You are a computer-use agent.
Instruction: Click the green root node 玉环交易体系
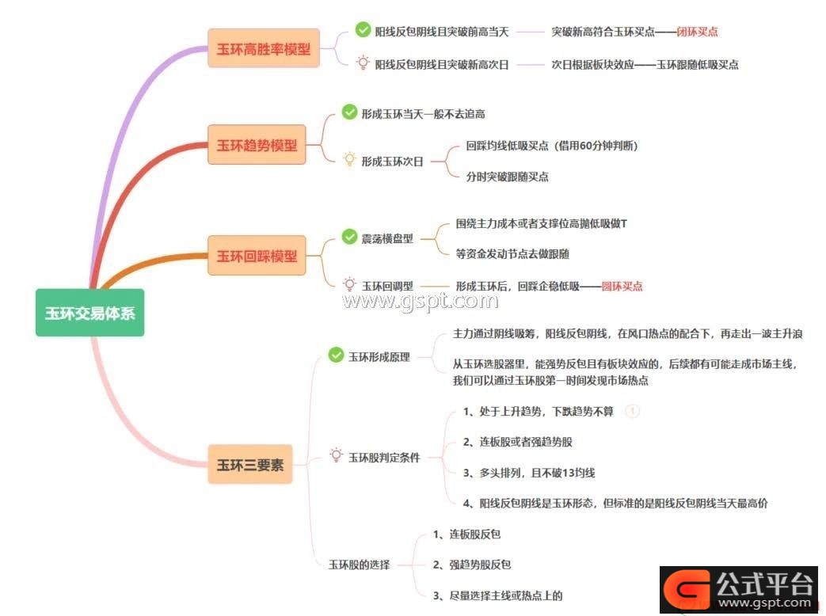point(89,313)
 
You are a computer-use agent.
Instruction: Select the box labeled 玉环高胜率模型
point(264,48)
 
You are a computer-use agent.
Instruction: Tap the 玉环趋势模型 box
point(257,145)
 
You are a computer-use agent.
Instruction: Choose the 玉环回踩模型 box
point(257,256)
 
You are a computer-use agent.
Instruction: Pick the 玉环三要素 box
point(249,464)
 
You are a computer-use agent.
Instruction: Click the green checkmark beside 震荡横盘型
point(349,237)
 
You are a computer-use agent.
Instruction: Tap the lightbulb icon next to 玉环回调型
point(349,285)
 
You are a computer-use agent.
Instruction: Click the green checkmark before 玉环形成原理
point(336,355)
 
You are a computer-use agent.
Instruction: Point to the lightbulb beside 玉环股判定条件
point(336,455)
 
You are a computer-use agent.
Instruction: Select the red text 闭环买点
point(697,32)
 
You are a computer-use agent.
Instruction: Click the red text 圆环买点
point(622,287)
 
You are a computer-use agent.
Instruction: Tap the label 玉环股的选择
point(360,565)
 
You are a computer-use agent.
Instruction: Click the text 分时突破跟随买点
point(508,177)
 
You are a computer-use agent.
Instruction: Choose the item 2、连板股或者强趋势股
point(517,442)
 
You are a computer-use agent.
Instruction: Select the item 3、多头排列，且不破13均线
point(529,473)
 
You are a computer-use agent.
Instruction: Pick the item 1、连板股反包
point(466,534)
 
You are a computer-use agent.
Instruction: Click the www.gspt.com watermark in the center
point(421,301)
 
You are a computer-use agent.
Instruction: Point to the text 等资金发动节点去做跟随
point(512,254)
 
